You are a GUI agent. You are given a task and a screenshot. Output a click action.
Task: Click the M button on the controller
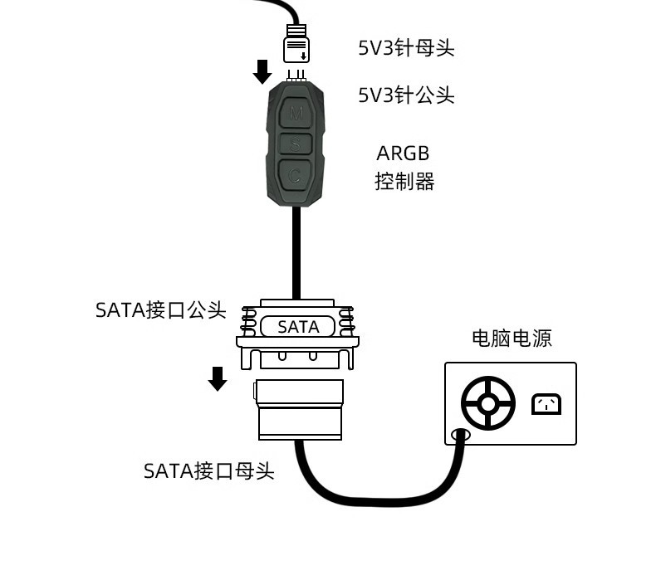[296, 113]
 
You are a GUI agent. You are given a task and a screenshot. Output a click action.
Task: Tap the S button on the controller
[296, 144]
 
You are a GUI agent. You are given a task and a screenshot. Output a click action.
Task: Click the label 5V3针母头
[406, 48]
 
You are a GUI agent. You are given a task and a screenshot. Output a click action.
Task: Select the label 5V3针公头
[406, 95]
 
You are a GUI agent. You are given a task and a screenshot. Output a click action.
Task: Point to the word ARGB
[404, 154]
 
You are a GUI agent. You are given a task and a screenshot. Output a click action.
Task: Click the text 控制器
[404, 182]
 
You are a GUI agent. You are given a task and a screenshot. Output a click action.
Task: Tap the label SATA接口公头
[161, 310]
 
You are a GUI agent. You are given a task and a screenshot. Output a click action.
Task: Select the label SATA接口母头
[208, 471]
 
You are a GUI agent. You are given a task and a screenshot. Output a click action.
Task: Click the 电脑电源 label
[512, 338]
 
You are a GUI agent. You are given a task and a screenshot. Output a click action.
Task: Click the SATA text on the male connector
[298, 327]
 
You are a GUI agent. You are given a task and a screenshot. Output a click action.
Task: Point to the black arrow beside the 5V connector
[262, 71]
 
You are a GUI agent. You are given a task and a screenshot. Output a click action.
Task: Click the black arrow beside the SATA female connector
[218, 378]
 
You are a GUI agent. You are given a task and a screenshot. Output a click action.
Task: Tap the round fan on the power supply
[488, 404]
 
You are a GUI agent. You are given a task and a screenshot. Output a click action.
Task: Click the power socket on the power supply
[546, 404]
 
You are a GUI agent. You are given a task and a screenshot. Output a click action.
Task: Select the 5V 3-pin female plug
[297, 44]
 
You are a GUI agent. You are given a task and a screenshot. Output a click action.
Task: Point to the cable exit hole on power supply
[459, 435]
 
